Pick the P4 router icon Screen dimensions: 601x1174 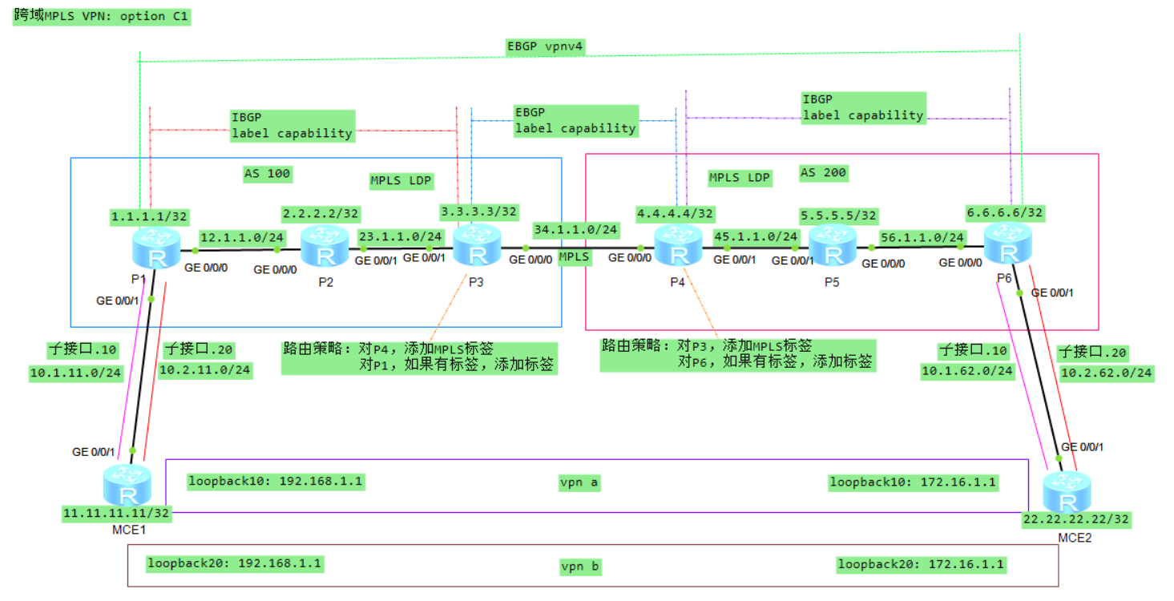pos(679,245)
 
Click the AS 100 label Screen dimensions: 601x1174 pos(268,173)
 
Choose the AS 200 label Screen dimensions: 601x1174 pos(823,172)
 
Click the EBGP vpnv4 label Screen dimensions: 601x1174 pos(545,46)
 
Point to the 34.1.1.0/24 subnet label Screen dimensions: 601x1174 pos(575,230)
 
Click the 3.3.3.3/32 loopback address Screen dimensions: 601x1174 pos(479,212)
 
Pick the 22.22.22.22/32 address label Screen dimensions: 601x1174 pos(1075,519)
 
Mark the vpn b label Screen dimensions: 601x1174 pos(580,567)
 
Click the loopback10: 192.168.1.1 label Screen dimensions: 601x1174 pos(276,482)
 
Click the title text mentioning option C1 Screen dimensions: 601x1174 pos(102,16)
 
